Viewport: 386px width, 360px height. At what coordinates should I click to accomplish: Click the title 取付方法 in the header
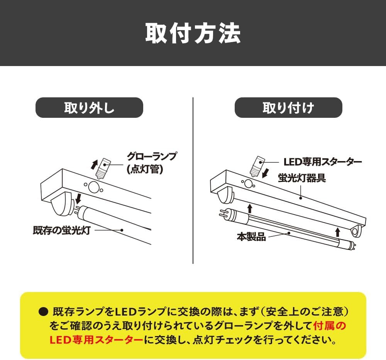193,34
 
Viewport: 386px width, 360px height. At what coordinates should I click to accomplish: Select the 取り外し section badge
90,108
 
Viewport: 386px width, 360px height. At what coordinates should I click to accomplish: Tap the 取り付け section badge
288,108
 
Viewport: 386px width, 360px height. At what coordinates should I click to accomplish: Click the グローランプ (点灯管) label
151,163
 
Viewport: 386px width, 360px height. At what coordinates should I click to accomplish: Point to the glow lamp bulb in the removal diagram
103,168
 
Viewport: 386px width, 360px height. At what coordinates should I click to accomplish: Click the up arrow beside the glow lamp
94,164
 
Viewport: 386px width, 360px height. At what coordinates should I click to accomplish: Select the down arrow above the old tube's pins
78,199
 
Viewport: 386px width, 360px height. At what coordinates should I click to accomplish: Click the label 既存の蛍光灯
61,230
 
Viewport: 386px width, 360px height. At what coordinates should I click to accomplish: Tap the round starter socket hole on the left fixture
93,187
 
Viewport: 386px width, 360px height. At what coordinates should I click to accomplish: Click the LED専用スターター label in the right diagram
323,162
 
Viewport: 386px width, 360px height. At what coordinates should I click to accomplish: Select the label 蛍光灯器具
302,178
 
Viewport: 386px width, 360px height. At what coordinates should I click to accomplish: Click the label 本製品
251,236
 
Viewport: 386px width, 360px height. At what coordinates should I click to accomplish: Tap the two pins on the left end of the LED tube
223,212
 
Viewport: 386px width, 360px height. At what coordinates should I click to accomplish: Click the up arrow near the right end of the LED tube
338,232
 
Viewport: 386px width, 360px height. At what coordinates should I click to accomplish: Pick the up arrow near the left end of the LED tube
250,208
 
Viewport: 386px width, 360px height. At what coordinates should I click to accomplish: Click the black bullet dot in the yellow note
43,312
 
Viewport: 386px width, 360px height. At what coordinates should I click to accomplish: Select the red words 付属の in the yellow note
330,326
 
